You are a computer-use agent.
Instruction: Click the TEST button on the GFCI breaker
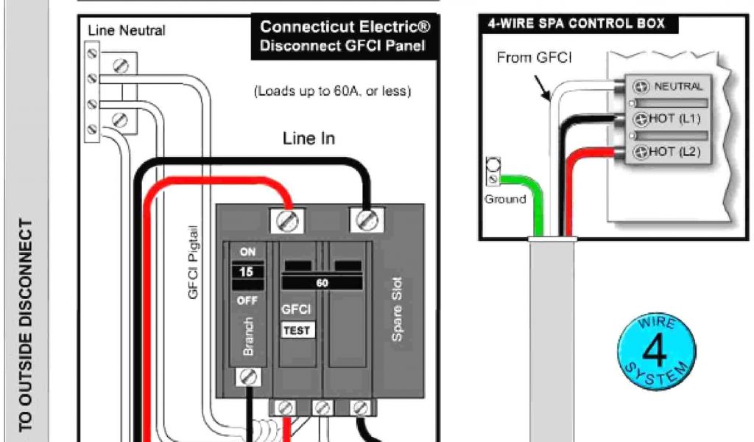297,331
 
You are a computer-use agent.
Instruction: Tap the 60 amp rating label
322,283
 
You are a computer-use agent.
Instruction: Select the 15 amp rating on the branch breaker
247,272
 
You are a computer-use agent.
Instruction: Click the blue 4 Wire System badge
655,350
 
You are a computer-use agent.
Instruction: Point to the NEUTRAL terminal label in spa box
677,87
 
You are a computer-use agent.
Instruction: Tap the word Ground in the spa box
505,199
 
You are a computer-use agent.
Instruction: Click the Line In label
309,138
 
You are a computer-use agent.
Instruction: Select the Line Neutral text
127,31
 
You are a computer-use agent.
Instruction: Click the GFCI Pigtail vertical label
194,262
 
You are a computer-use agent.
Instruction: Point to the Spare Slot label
397,309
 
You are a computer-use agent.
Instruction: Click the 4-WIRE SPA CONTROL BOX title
576,24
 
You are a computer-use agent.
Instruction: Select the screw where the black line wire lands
366,218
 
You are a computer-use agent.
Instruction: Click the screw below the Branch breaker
248,377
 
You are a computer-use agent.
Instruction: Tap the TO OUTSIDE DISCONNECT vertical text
27,324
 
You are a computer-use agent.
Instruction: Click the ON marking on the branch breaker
247,251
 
